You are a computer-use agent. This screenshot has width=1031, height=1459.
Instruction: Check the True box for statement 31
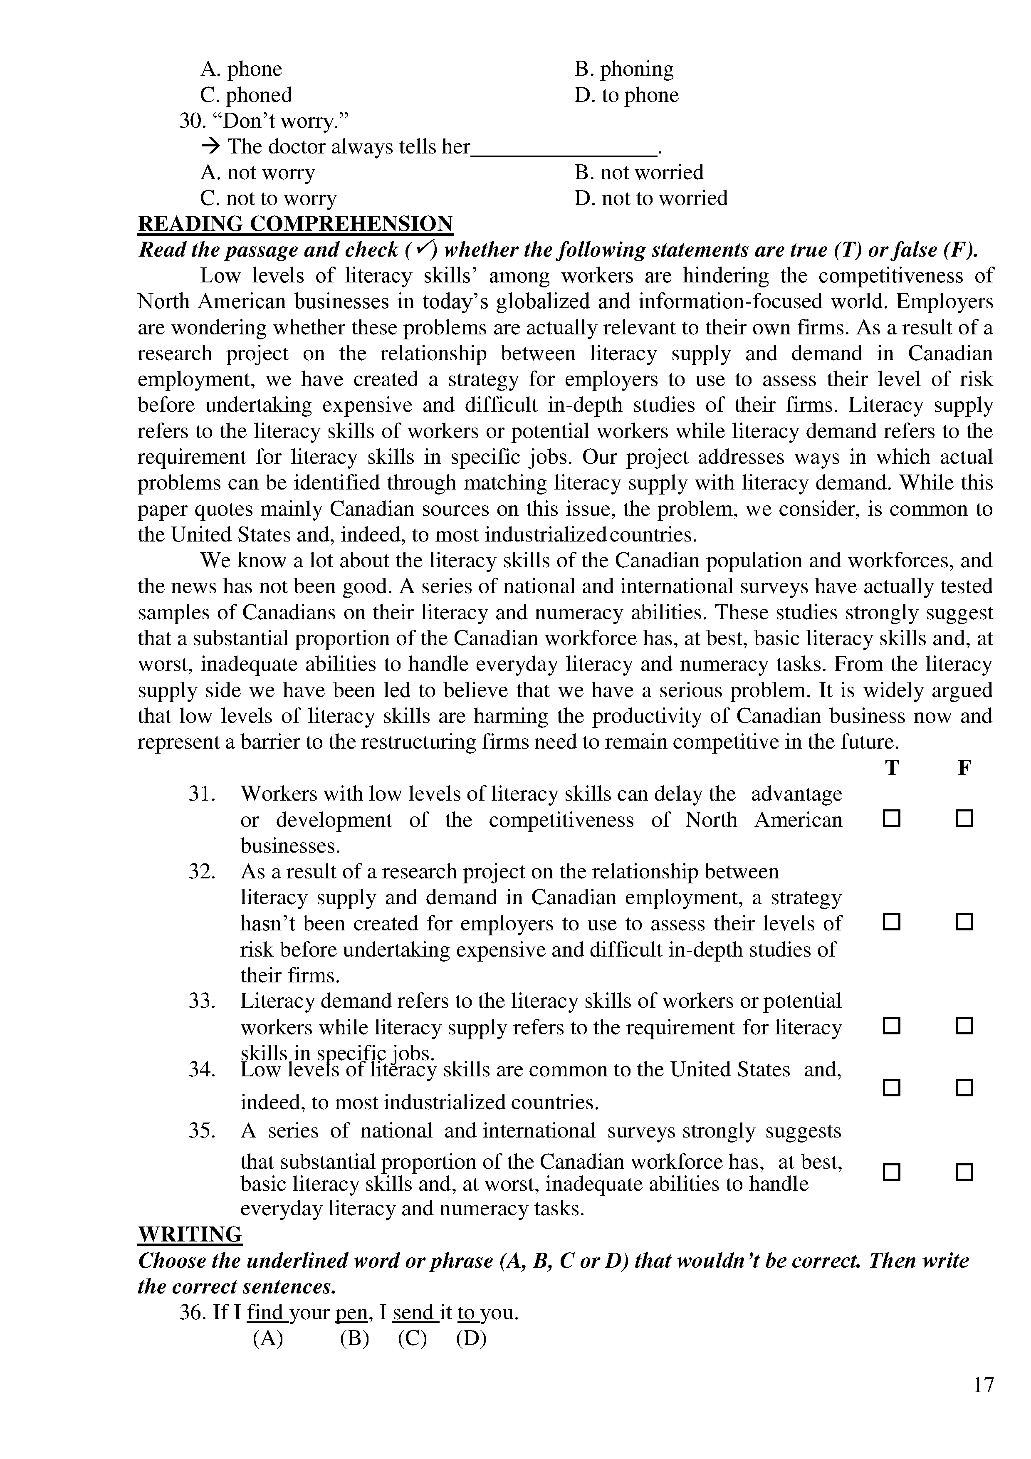tap(891, 819)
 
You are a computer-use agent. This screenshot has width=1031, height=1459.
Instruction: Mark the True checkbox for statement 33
tap(891, 1026)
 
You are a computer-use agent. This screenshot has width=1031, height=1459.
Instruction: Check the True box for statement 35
tap(891, 1172)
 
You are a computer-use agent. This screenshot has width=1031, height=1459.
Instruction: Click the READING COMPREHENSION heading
tap(295, 224)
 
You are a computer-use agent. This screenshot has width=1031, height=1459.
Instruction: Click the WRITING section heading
tap(190, 1234)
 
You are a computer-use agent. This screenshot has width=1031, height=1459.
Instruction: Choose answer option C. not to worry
tap(268, 198)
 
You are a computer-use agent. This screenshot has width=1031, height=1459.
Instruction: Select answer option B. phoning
tap(624, 69)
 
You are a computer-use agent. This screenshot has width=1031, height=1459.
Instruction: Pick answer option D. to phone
tap(626, 95)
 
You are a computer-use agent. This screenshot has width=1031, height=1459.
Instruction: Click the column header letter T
tap(891, 768)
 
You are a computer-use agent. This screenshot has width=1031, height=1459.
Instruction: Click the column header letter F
tap(964, 768)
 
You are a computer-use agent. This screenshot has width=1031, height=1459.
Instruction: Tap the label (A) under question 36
tap(267, 1338)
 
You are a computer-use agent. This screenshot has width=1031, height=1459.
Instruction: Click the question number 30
tap(190, 121)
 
